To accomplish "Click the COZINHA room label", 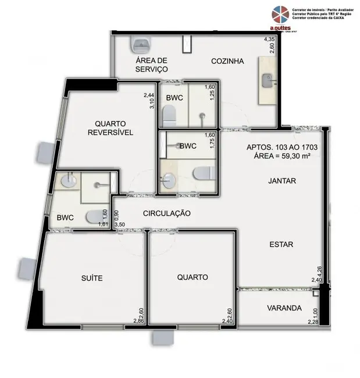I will (x=227, y=60).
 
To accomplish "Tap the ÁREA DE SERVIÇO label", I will (x=151, y=65).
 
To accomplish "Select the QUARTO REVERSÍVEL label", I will (x=111, y=127).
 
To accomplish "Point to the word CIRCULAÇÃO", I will (x=167, y=213).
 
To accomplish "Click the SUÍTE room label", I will (x=92, y=278).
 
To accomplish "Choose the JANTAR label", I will (x=282, y=181).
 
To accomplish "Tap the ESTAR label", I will (x=281, y=244).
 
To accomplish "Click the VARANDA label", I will (x=284, y=308).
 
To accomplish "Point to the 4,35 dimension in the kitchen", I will (x=269, y=40).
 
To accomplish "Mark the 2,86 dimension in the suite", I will (x=138, y=321).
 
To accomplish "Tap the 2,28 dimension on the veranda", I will (x=313, y=321).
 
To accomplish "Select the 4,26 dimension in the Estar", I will (x=319, y=272).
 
